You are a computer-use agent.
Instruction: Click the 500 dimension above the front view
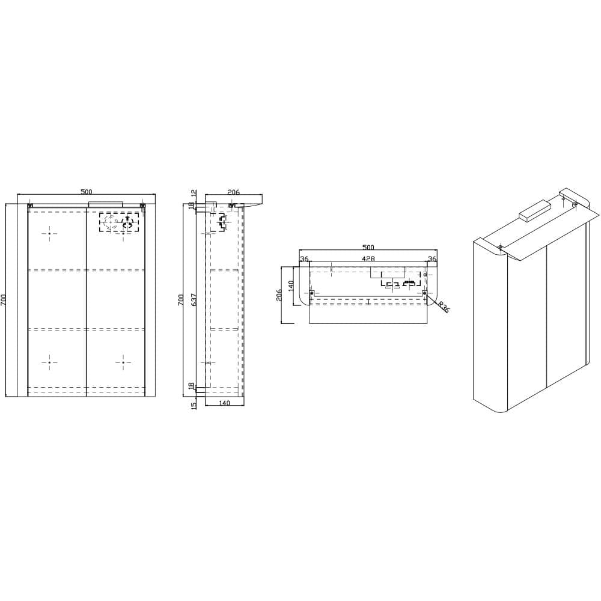(86, 192)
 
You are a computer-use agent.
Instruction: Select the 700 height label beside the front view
(4, 300)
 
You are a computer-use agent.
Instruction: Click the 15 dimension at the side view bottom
(194, 405)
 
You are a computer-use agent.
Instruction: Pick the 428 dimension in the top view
(368, 259)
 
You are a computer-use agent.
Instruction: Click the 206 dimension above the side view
(233, 192)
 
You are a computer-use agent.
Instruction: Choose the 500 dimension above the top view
(368, 247)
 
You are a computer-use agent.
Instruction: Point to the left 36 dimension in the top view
(304, 259)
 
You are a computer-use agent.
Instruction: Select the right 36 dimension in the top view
(432, 259)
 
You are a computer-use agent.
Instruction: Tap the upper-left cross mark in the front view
(50, 233)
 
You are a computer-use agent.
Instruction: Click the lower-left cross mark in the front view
(50, 362)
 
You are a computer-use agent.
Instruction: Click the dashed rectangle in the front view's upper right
(120, 222)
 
